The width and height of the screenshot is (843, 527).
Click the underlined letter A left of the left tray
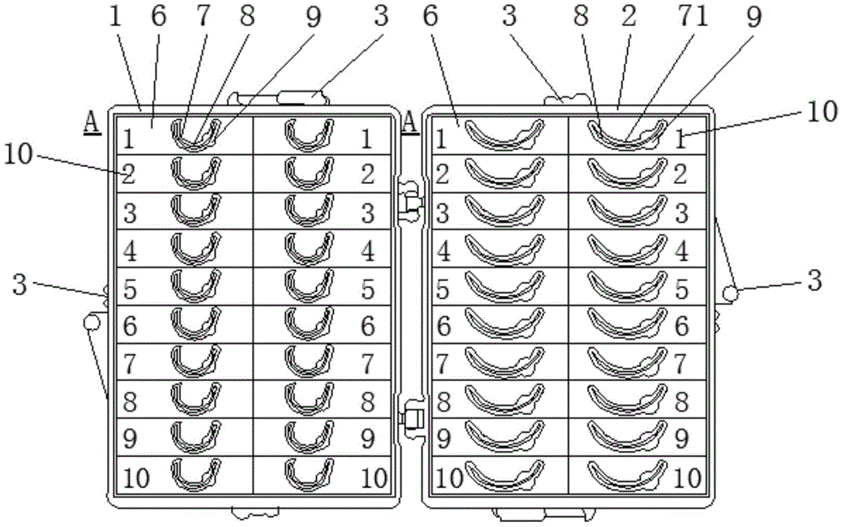(x=91, y=123)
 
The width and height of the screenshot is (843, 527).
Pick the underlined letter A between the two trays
(x=411, y=123)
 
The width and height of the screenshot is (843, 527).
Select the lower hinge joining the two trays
(x=412, y=417)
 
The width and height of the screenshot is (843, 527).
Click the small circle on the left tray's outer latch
(x=91, y=322)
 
